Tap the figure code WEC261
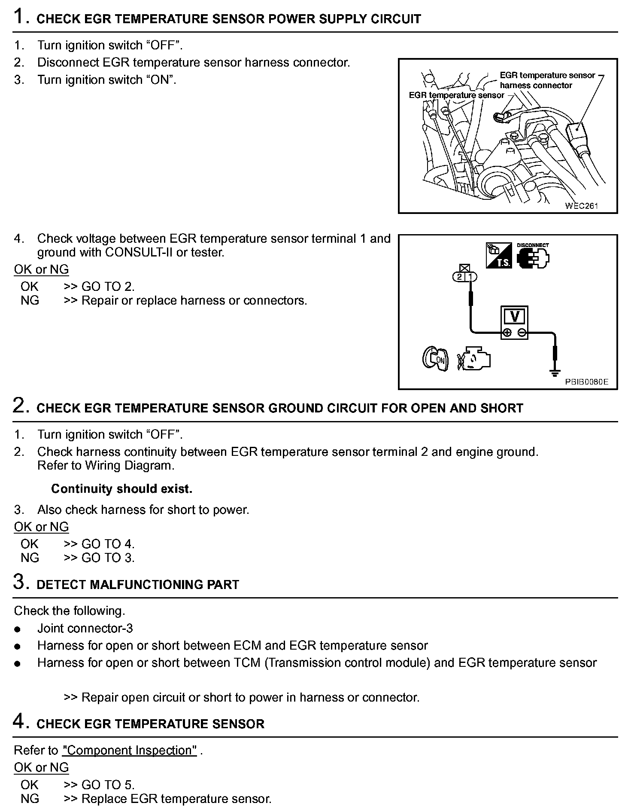pyautogui.click(x=581, y=206)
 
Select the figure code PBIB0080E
pyautogui.click(x=586, y=382)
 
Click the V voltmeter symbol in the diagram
pyautogui.click(x=514, y=317)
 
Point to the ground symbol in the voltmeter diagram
pyautogui.click(x=555, y=372)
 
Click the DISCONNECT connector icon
pyautogui.click(x=533, y=256)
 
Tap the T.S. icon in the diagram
pyautogui.click(x=499, y=256)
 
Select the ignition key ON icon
pyautogui.click(x=435, y=358)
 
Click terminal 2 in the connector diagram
pyautogui.click(x=460, y=277)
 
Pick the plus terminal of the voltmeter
pyautogui.click(x=507, y=333)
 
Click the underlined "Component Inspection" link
pyautogui.click(x=129, y=750)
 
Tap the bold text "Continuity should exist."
pyautogui.click(x=121, y=488)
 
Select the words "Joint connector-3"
pyautogui.click(x=85, y=628)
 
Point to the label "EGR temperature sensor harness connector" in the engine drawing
pyautogui.click(x=547, y=80)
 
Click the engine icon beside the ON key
pyautogui.click(x=474, y=358)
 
